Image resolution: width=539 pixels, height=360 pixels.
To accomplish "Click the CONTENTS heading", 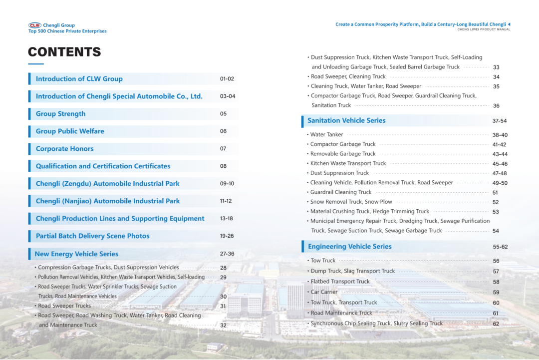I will (x=64, y=52).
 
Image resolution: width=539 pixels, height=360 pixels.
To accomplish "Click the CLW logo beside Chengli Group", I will (x=35, y=25).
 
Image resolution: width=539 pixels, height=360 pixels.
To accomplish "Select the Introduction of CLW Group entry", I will (x=79, y=79).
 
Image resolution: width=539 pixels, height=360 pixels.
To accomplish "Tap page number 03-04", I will (x=228, y=96).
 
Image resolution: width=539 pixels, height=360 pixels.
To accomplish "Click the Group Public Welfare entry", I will (x=70, y=131).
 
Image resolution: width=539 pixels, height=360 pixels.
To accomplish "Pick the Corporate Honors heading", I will (x=64, y=149).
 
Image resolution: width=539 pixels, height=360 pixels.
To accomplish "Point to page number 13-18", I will (x=226, y=219).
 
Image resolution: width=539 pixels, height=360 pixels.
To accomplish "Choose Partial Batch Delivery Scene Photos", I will (x=92, y=236).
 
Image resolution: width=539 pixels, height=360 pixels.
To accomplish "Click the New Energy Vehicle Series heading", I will (x=76, y=254).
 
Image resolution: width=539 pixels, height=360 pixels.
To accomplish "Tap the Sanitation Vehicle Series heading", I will (x=346, y=120).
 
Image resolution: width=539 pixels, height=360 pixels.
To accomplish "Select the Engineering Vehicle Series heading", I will (x=349, y=247).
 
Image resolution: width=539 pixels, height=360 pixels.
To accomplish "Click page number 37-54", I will (x=499, y=121).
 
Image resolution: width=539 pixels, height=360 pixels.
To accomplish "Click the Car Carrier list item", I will (x=324, y=292).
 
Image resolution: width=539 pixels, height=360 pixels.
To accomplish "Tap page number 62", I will (x=496, y=324).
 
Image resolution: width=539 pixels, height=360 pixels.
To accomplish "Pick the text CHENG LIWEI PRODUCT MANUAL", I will (x=484, y=29).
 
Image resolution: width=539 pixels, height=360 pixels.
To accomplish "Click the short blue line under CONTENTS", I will (x=36, y=64).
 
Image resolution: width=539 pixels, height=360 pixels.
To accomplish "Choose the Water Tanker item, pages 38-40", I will (x=326, y=135).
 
